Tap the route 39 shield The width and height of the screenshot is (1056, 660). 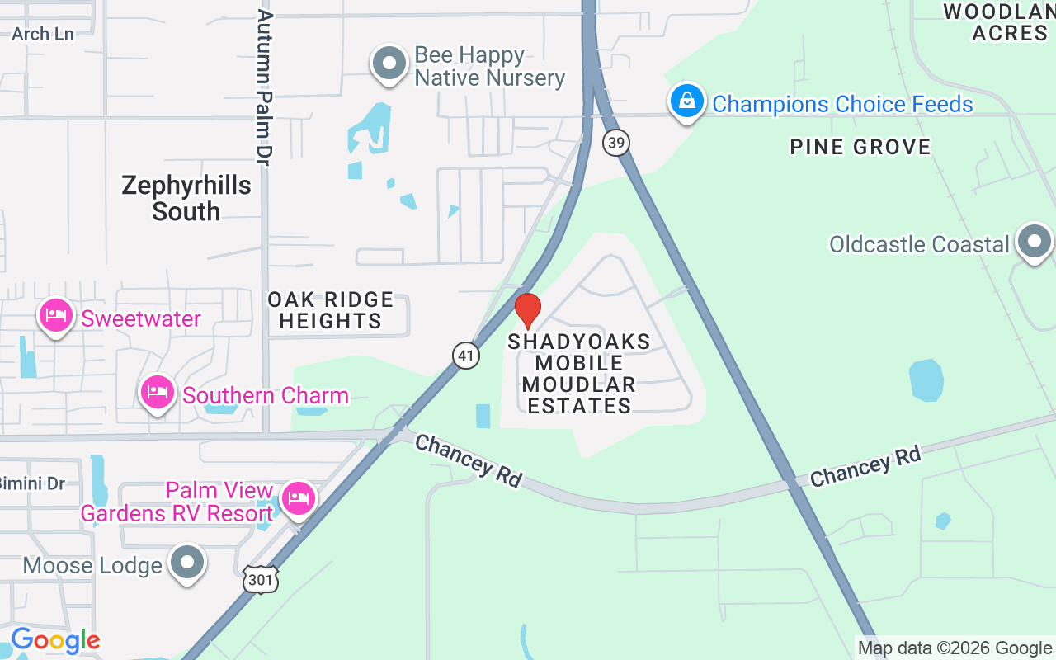[x=615, y=143]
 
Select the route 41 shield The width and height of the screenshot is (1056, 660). [x=466, y=356]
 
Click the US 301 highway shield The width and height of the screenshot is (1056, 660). [x=260, y=580]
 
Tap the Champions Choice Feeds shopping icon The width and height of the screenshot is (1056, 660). [x=686, y=102]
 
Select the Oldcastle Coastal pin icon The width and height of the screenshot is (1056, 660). [x=1035, y=242]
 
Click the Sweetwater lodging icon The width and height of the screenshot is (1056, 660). [x=56, y=316]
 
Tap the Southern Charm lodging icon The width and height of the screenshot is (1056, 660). [x=157, y=393]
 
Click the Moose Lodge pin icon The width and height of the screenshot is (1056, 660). [x=187, y=563]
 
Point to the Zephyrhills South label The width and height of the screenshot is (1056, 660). [x=186, y=198]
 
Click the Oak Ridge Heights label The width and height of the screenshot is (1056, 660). [x=331, y=310]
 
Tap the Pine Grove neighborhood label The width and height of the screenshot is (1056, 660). [x=860, y=147]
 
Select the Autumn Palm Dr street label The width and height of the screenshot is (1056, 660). [x=265, y=87]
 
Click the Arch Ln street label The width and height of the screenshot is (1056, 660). [x=43, y=34]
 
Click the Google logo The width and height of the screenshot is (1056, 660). [x=55, y=640]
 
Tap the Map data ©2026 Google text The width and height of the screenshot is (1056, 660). [x=955, y=648]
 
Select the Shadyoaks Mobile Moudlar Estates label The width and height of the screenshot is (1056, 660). [x=579, y=374]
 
